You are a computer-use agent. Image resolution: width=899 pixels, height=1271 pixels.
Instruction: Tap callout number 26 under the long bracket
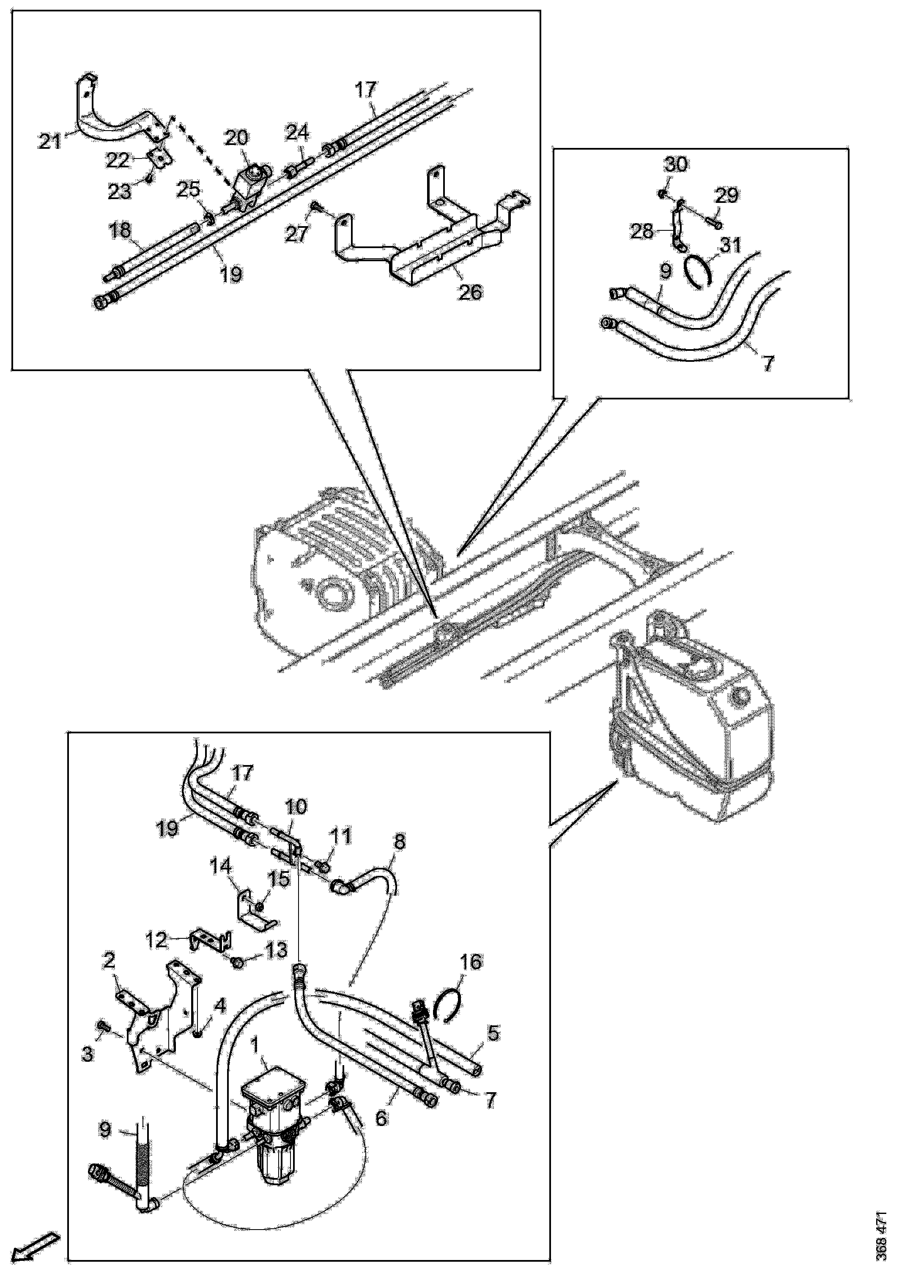[x=470, y=291]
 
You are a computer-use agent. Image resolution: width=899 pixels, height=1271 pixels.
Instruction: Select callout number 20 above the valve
[x=237, y=138]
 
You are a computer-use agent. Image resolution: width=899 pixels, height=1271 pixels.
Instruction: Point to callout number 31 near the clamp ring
[x=730, y=244]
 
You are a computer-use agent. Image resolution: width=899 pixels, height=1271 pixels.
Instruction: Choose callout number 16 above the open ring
[x=471, y=962]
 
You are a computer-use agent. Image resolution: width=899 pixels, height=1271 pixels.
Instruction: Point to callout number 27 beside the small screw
[x=297, y=234]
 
